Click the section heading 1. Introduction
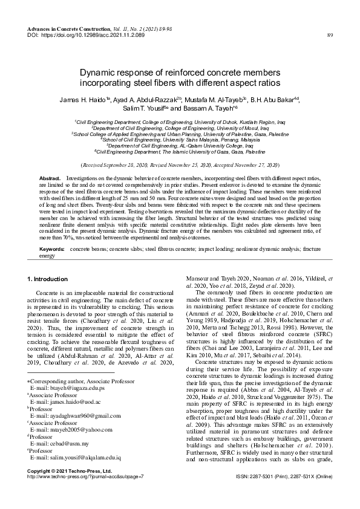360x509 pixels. [x=48, y=279]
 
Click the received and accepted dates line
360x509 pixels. [x=180, y=164]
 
